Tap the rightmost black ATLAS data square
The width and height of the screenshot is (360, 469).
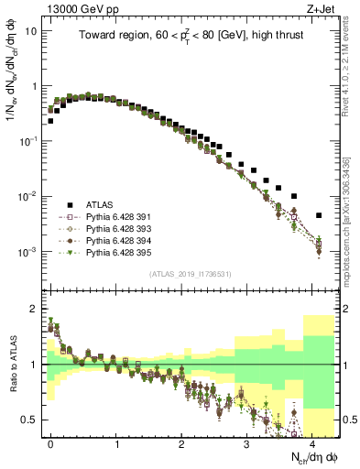[318, 215]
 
